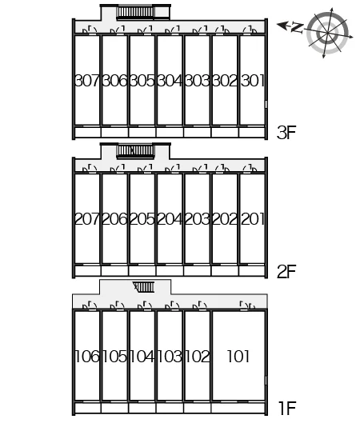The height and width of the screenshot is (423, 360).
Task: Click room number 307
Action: [87, 81]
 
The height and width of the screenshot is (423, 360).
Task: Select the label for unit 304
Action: [170, 81]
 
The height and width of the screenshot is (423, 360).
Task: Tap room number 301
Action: [252, 81]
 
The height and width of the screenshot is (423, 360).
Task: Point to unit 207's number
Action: [87, 219]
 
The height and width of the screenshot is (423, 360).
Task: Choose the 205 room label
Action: [142, 219]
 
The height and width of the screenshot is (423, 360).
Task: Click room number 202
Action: [225, 219]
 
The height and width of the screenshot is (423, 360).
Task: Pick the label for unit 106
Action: [87, 357]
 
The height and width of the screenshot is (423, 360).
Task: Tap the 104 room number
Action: [142, 357]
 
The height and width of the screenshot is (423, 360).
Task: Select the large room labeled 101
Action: [238, 357]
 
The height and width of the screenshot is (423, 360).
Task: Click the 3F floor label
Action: [286, 132]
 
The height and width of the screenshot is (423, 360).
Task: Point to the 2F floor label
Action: [286, 271]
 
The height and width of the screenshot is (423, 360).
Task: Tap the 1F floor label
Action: [288, 408]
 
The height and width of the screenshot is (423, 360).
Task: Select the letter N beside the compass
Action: [298, 27]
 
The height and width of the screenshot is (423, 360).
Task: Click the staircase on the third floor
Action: [135, 13]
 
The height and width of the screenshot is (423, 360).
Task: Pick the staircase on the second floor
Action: [135, 151]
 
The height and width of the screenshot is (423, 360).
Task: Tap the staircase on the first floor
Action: [143, 287]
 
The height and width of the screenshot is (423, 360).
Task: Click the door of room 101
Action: [248, 305]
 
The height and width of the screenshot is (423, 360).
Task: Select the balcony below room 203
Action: [197, 270]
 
